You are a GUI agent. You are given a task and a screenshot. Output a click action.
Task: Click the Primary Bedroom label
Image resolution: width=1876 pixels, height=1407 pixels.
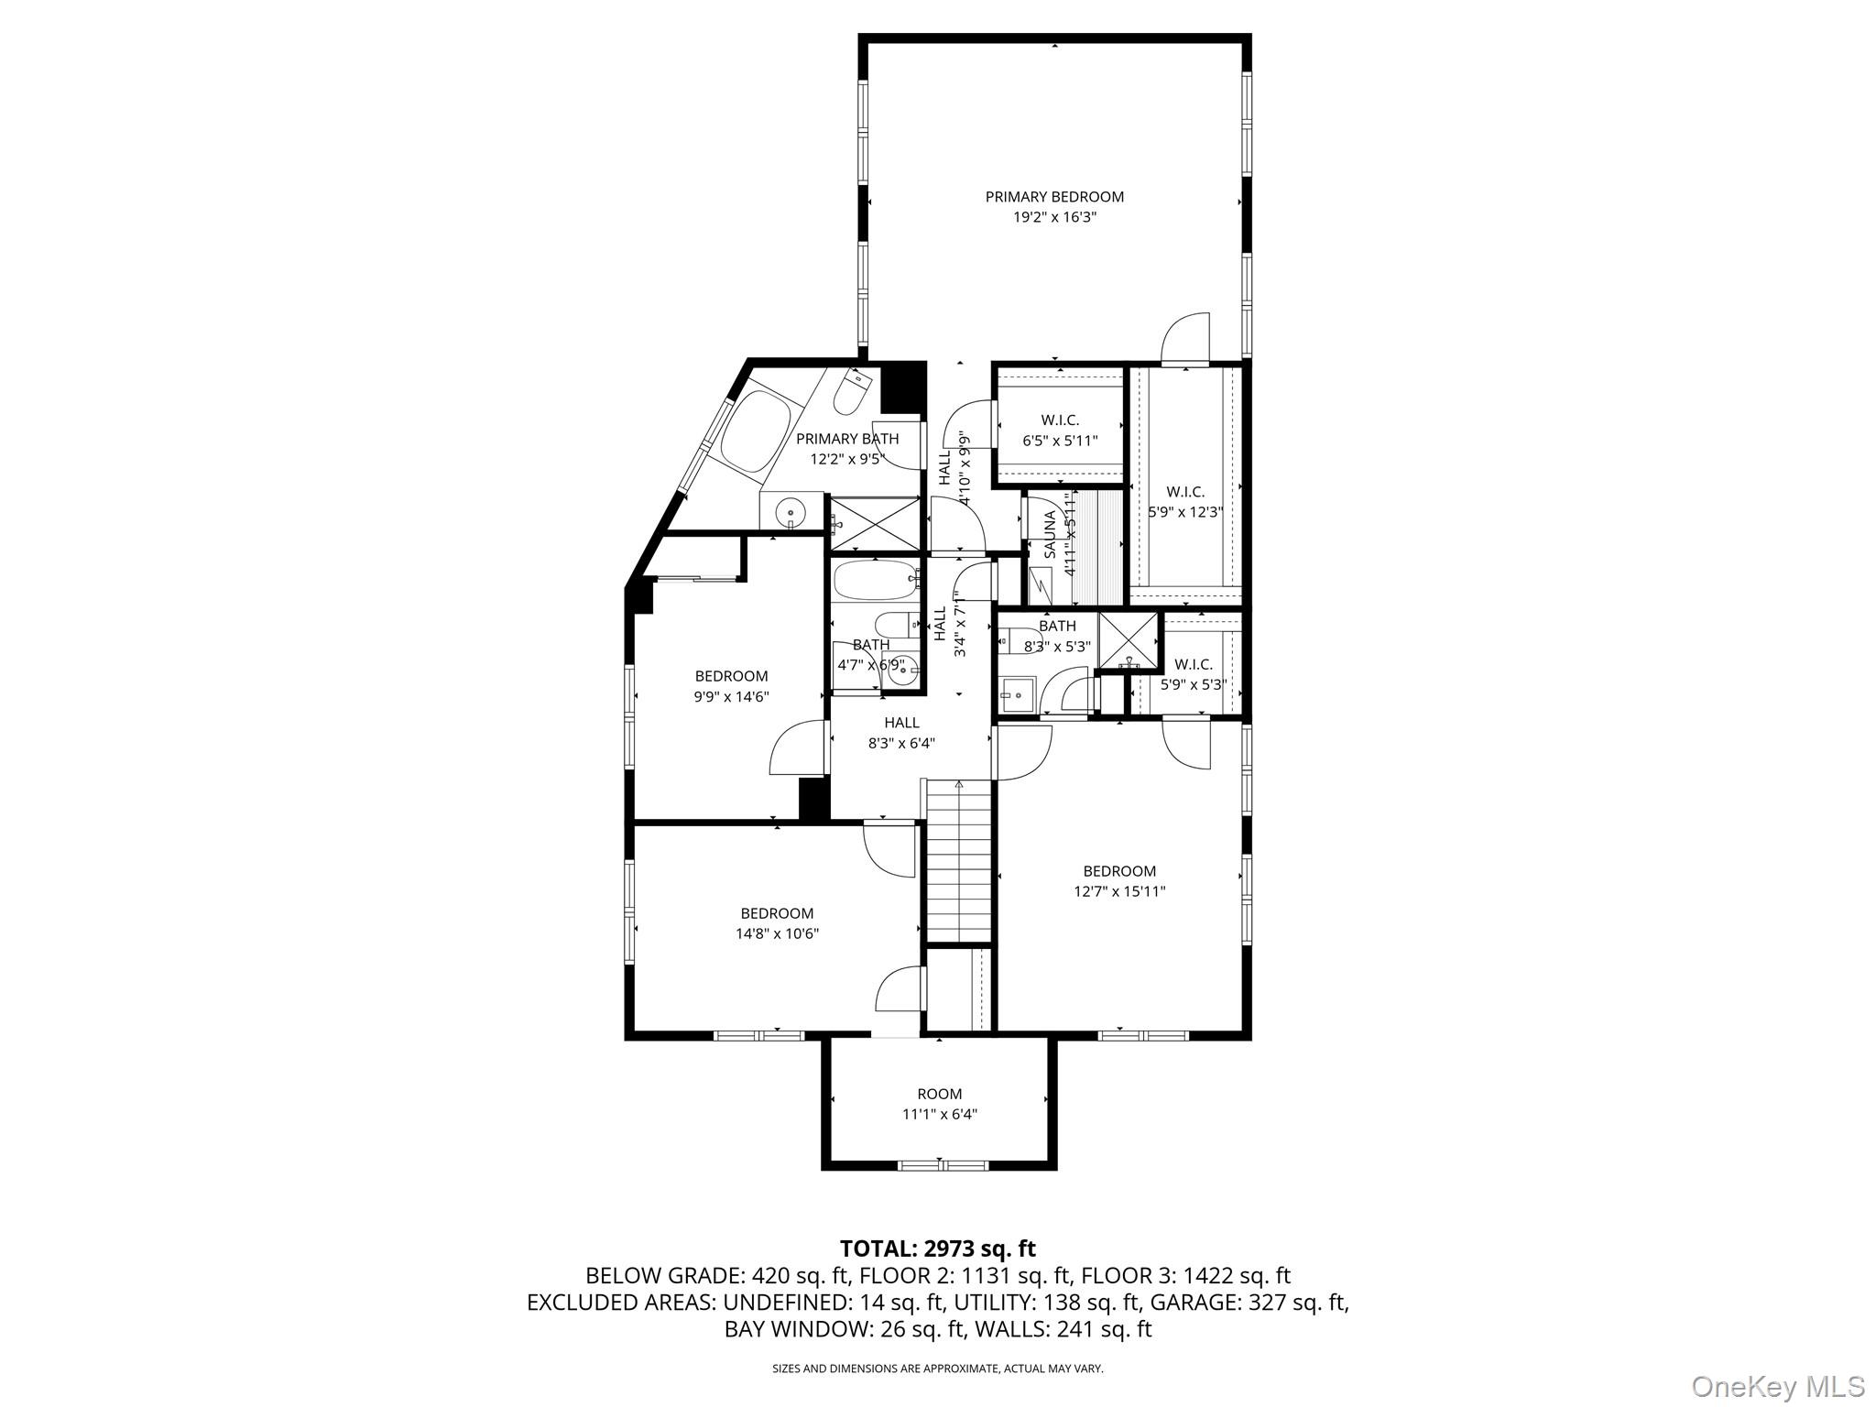(1054, 197)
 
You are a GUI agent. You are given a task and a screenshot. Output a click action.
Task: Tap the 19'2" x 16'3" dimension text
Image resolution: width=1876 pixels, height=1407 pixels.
(1054, 218)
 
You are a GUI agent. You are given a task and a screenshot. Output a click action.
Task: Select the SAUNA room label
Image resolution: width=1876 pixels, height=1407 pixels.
(1050, 534)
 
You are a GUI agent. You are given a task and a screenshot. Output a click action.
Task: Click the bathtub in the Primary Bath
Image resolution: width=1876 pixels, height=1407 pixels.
(756, 431)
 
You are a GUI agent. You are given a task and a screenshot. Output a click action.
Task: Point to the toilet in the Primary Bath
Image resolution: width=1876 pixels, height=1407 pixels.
(851, 393)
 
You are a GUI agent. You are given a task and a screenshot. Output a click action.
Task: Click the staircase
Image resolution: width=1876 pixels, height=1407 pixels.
(959, 860)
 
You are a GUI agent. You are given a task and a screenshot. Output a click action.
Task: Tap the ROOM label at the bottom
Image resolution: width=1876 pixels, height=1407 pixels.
(940, 1094)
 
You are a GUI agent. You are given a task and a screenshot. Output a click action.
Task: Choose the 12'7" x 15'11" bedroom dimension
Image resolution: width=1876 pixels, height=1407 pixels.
(1119, 891)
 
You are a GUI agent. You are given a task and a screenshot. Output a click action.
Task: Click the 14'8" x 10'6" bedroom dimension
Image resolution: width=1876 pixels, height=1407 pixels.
(777, 934)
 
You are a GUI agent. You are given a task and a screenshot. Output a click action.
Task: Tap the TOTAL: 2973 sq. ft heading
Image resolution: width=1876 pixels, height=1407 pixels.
(938, 1249)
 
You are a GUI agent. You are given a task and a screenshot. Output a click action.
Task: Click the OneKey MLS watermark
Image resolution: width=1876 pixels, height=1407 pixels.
(1778, 1386)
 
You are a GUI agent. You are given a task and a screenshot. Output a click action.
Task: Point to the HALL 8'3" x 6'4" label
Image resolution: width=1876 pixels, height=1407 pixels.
(901, 733)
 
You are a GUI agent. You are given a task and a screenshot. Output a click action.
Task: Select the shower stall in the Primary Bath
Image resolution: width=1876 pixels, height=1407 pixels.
(874, 524)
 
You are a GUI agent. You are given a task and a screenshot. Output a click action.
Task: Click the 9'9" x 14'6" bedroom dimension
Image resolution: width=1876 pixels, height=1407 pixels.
(731, 697)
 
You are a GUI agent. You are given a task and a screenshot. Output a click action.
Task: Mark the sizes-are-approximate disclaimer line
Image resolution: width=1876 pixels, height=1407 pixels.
(938, 1369)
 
